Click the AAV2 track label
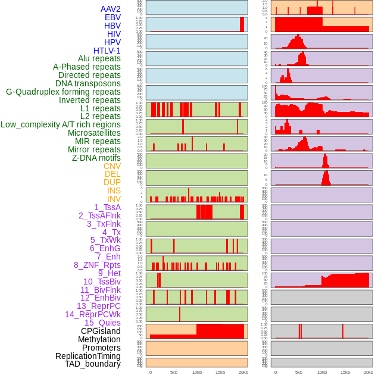click(x=110, y=9)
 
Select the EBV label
click(x=112, y=17)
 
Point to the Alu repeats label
click(x=99, y=58)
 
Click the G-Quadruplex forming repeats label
click(x=63, y=92)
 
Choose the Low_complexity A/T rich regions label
click(x=61, y=124)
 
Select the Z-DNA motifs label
click(x=96, y=158)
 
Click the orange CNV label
click(x=112, y=166)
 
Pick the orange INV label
click(x=114, y=199)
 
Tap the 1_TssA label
click(x=107, y=207)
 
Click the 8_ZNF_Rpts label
click(x=97, y=265)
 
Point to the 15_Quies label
click(x=102, y=323)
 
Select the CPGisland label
click(x=101, y=331)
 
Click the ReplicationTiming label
click(x=87, y=356)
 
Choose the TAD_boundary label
click(x=93, y=364)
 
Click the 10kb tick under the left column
click(x=197, y=372)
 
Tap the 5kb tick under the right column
click(x=299, y=372)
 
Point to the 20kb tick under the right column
click(x=368, y=372)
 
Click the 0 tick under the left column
click(x=150, y=372)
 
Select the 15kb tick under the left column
click(x=220, y=372)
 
